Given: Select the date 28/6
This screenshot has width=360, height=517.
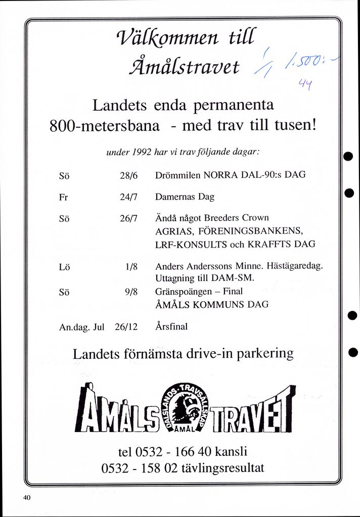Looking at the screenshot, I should [129, 176].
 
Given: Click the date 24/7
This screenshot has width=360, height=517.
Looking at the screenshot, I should [129, 198].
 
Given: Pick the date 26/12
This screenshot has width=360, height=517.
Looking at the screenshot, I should [126, 326].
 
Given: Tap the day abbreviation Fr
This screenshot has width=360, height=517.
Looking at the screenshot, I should [63, 198].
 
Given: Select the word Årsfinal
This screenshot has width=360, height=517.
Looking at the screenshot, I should [171, 326].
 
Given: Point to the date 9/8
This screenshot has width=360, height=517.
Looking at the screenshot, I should [131, 291].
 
